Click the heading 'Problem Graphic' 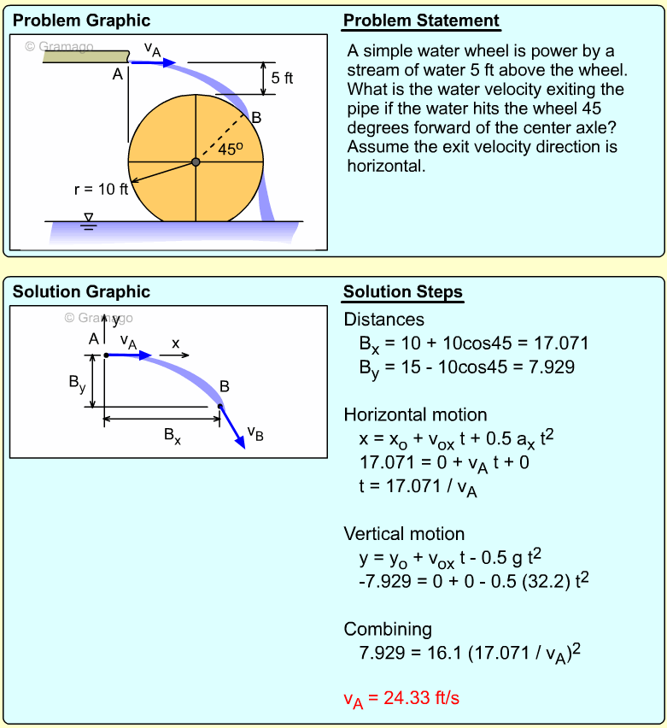pyautogui.click(x=81, y=21)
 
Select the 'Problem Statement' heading pyautogui.click(x=421, y=21)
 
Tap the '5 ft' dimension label pyautogui.click(x=282, y=79)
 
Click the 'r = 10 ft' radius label pyautogui.click(x=101, y=189)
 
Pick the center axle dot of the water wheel pyautogui.click(x=196, y=162)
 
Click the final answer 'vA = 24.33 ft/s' pyautogui.click(x=401, y=698)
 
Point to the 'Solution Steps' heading pyautogui.click(x=403, y=292)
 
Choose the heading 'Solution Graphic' pyautogui.click(x=81, y=292)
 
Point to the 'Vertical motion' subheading pyautogui.click(x=404, y=534)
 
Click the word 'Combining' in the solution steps pyautogui.click(x=388, y=630)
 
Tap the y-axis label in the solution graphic pyautogui.click(x=116, y=320)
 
